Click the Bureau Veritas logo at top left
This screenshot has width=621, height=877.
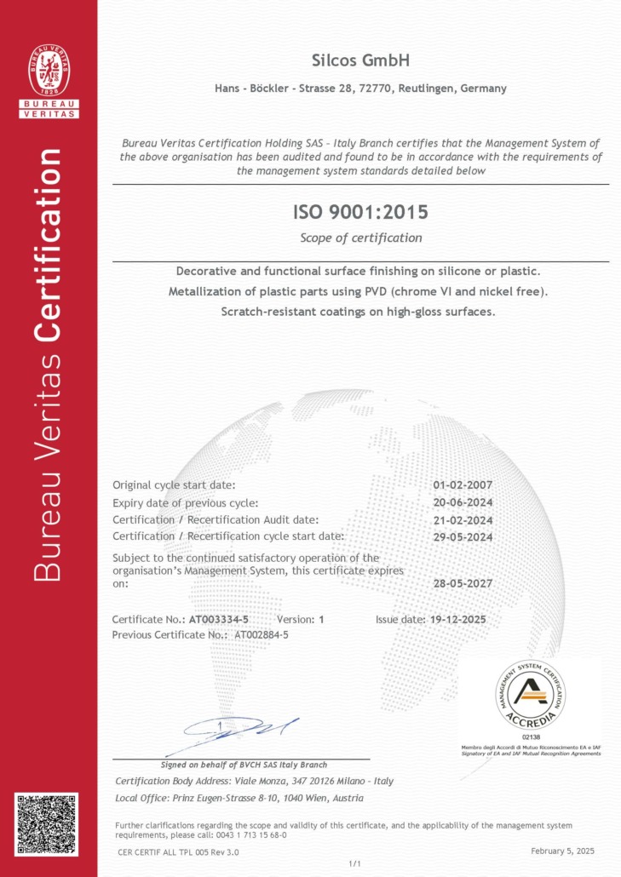49,80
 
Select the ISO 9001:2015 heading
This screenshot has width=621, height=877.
360,210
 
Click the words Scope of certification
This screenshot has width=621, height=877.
360,238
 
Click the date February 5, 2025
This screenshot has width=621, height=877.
561,851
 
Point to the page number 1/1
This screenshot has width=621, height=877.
355,863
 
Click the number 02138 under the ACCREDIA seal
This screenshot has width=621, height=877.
530,737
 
